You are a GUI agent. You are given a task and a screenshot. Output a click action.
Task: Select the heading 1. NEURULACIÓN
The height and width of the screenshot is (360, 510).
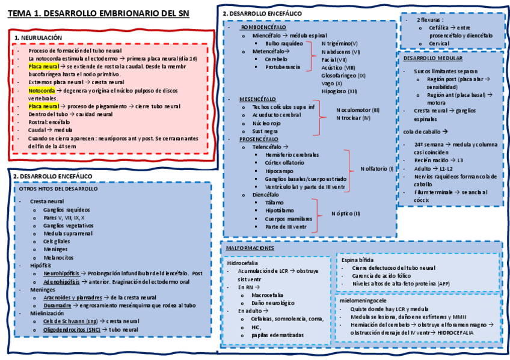click(x=38, y=37)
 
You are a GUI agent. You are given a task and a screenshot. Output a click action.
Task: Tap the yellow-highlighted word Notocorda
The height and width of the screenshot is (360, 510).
click(x=41, y=90)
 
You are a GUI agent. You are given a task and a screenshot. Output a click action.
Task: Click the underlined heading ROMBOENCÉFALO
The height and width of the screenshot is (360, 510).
click(x=263, y=28)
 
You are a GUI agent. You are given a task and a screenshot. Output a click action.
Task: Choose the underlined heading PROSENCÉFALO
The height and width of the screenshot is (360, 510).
click(x=259, y=138)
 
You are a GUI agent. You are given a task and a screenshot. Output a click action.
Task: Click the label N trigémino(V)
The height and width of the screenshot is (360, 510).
click(x=340, y=44)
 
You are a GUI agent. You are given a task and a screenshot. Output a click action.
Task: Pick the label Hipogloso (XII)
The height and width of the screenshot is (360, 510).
click(x=340, y=91)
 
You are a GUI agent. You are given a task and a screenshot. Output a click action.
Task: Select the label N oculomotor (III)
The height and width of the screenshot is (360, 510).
click(x=358, y=110)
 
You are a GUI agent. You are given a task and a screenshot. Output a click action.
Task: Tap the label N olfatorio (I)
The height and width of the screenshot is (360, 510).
click(x=376, y=169)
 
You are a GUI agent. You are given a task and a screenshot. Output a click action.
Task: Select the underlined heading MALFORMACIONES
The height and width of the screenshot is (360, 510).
click(x=250, y=248)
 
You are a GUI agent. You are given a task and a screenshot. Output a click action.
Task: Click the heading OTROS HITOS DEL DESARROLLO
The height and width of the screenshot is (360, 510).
click(x=58, y=189)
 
